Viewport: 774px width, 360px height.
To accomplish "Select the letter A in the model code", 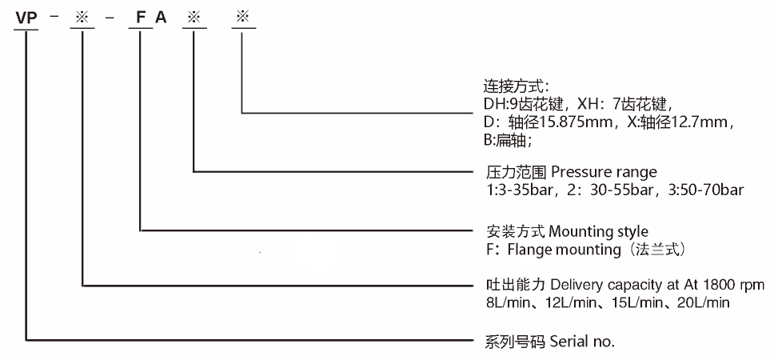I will (x=162, y=16).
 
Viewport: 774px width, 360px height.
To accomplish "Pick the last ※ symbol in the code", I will (x=243, y=16).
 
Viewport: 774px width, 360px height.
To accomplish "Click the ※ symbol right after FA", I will (x=193, y=16).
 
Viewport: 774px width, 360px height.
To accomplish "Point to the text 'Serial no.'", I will (x=582, y=342).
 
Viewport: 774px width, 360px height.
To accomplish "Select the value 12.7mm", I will (x=697, y=122).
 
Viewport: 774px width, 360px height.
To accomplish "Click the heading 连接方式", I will (x=508, y=86).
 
